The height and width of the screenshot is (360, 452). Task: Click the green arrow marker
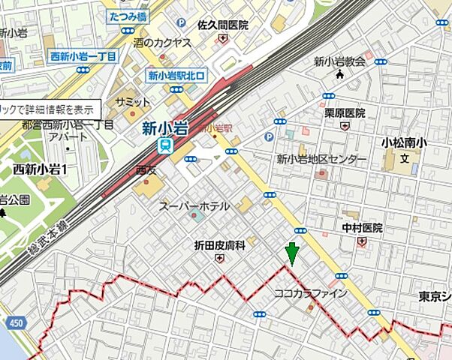[x=291, y=253]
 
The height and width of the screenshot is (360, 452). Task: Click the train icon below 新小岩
[x=165, y=144]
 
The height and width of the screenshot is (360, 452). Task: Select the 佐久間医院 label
[x=222, y=25]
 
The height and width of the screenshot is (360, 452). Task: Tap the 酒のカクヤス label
[x=163, y=43]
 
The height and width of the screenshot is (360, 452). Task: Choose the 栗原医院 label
[x=345, y=113]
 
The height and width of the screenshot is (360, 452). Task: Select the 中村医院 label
[x=362, y=228]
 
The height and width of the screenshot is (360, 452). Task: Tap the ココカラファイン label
[x=310, y=293]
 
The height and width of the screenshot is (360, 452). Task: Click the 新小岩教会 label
[x=339, y=61]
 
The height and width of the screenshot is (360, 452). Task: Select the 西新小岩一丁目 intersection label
[x=83, y=56]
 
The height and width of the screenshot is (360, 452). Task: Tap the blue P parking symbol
[x=269, y=136]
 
